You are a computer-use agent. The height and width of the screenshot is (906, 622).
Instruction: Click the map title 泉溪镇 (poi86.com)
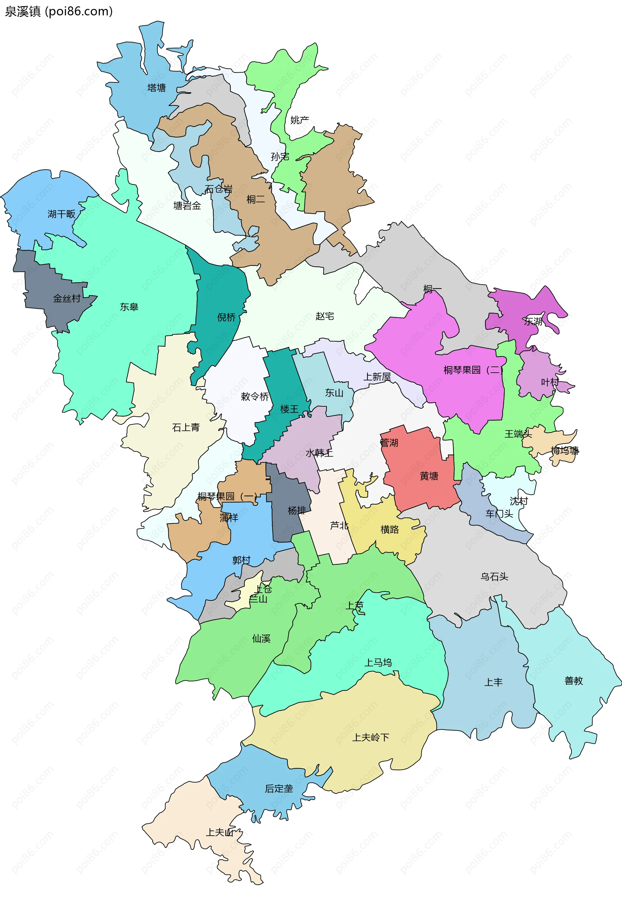tap(58, 11)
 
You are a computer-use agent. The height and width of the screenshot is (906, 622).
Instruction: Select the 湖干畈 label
tap(61, 214)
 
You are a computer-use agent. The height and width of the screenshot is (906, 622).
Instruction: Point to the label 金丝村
tap(67, 299)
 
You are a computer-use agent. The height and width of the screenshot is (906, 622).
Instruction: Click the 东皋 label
tap(129, 307)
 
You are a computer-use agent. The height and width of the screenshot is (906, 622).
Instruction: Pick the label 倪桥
tap(226, 317)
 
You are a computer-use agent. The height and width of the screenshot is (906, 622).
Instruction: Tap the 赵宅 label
tap(324, 316)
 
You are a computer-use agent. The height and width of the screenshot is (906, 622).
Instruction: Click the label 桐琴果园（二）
tap(473, 370)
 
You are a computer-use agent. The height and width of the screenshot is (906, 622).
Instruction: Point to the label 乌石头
tap(494, 576)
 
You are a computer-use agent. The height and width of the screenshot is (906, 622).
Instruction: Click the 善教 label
tap(573, 681)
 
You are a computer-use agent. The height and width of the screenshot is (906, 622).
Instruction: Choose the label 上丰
tap(493, 682)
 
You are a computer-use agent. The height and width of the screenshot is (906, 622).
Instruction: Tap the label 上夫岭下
tap(370, 738)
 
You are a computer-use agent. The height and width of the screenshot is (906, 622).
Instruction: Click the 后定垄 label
tap(279, 789)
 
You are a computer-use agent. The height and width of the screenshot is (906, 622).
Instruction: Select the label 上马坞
tap(378, 662)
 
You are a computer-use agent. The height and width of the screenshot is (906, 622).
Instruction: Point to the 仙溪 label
tap(261, 639)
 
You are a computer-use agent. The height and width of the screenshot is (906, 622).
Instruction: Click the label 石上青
tap(186, 428)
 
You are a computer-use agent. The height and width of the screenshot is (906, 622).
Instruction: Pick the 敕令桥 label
tap(255, 397)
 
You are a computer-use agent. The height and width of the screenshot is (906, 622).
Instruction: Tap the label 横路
tap(389, 529)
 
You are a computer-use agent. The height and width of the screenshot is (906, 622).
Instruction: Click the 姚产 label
tap(299, 120)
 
